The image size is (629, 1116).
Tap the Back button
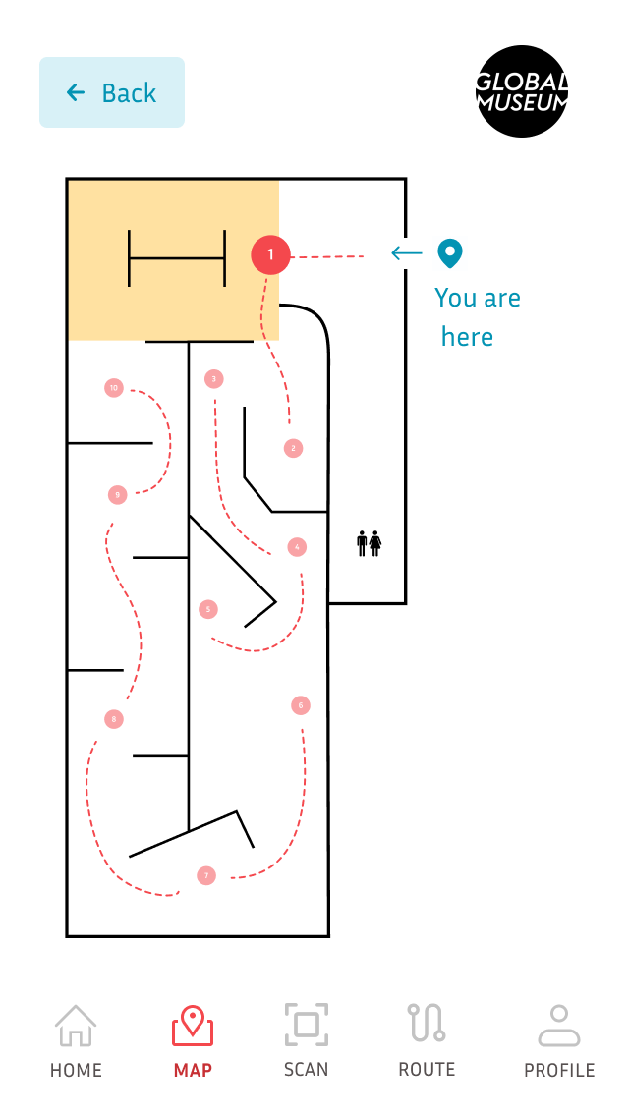[x=111, y=92]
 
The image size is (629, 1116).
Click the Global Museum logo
[x=522, y=91]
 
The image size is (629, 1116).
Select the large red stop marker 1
[x=270, y=255]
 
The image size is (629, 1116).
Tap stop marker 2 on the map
[x=292, y=448]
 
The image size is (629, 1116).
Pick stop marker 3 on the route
[x=213, y=378]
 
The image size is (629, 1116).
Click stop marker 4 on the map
[x=297, y=546]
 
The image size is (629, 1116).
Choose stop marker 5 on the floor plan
[x=207, y=609]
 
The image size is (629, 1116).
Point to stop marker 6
[x=301, y=704]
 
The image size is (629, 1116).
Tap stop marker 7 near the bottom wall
[x=205, y=875]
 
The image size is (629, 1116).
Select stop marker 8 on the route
[x=114, y=719]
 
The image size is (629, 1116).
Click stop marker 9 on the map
[x=118, y=495]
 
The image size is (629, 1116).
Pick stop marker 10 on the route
[x=114, y=388]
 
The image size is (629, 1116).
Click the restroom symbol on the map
[x=369, y=543]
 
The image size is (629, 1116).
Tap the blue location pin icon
[x=449, y=253]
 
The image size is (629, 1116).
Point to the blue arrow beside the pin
[x=406, y=253]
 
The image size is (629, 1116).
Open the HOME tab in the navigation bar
[x=76, y=1040]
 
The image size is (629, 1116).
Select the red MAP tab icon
[x=193, y=1028]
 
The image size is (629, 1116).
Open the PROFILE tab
[x=559, y=1040]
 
